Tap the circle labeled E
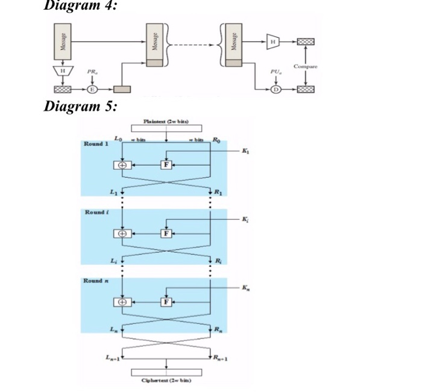tap(92, 89)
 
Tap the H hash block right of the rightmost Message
tap(273, 42)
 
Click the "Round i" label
tap(97, 213)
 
